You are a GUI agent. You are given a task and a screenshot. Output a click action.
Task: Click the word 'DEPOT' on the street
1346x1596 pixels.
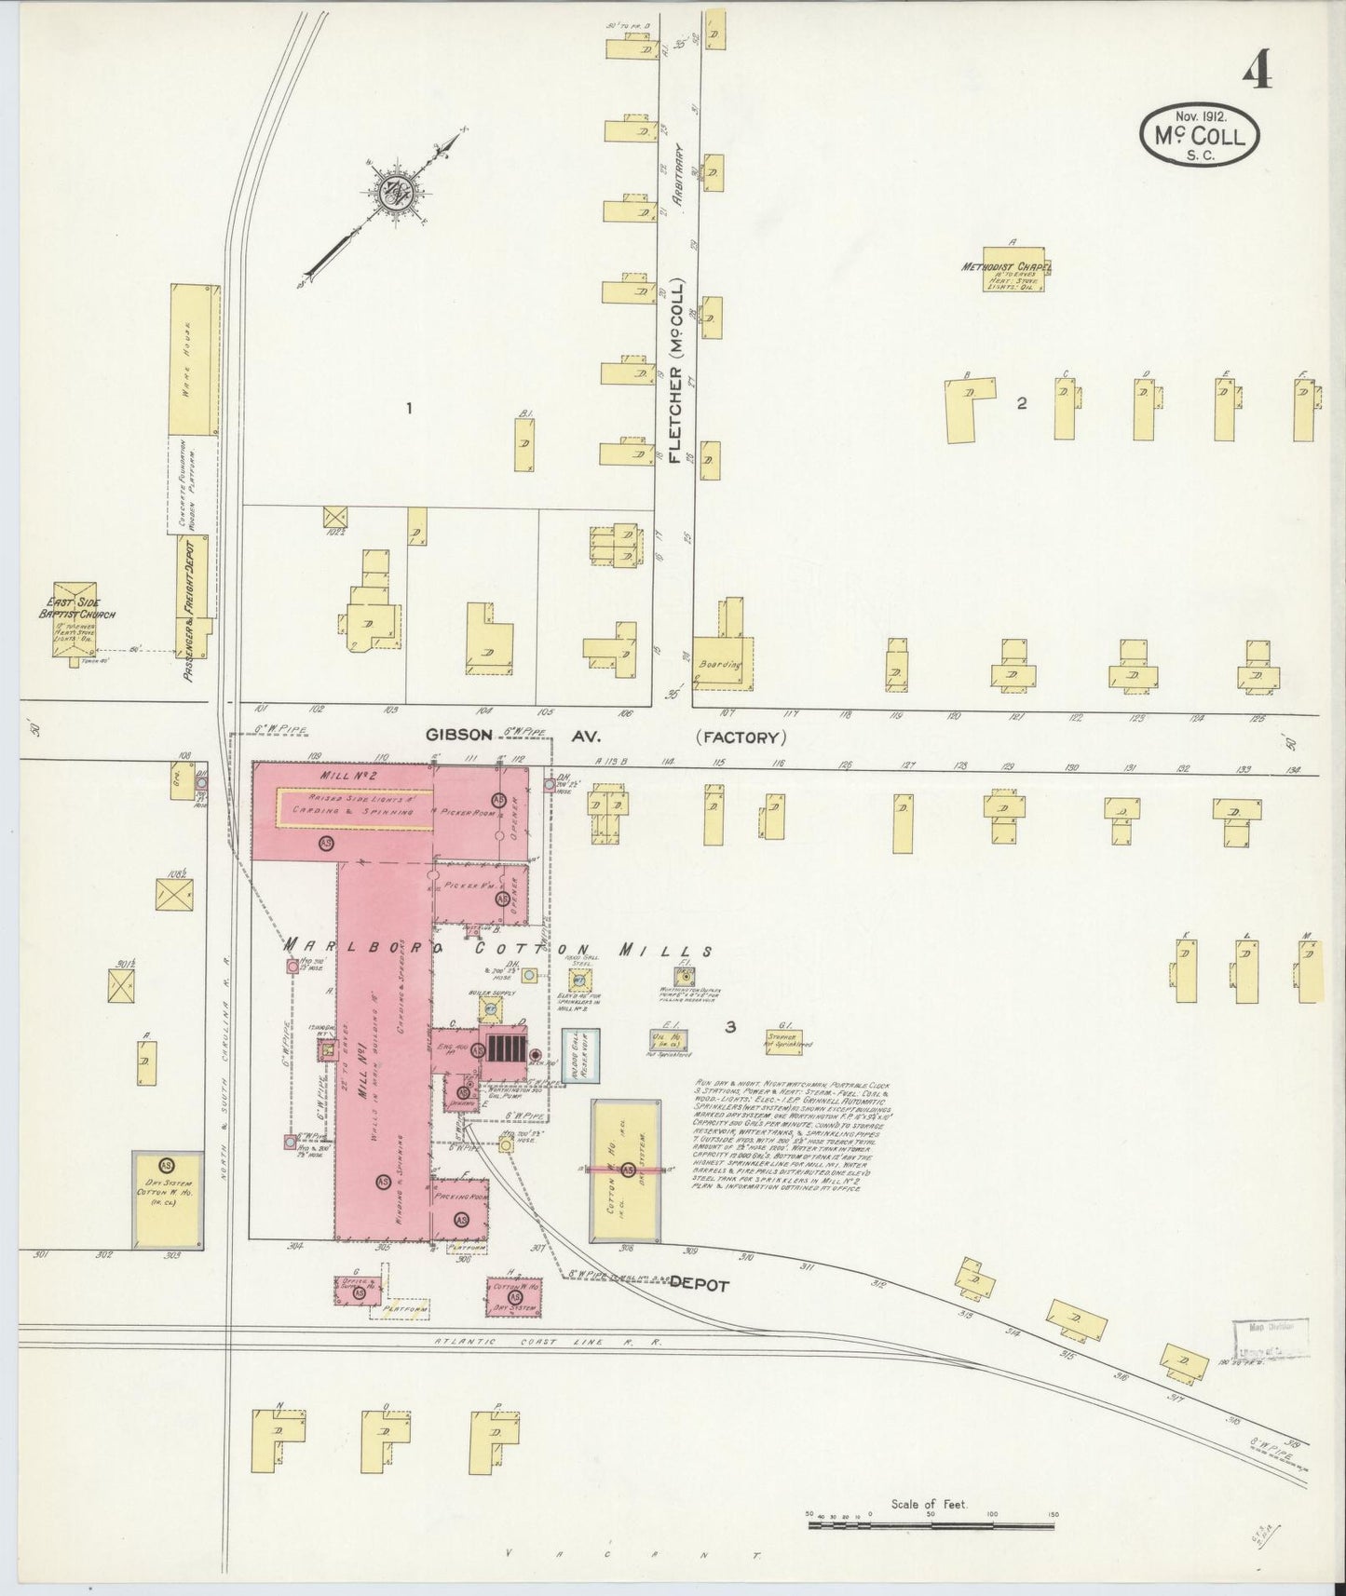[698, 1282]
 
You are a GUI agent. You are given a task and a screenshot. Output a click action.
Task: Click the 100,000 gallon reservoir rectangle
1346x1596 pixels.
[579, 1056]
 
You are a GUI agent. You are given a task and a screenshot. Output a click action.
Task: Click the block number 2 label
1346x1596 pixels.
[1022, 403]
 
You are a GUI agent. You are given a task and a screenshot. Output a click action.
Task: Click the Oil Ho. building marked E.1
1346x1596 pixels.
[664, 1040]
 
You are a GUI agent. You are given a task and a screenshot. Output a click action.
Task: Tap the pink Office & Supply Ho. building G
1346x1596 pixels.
[358, 1290]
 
